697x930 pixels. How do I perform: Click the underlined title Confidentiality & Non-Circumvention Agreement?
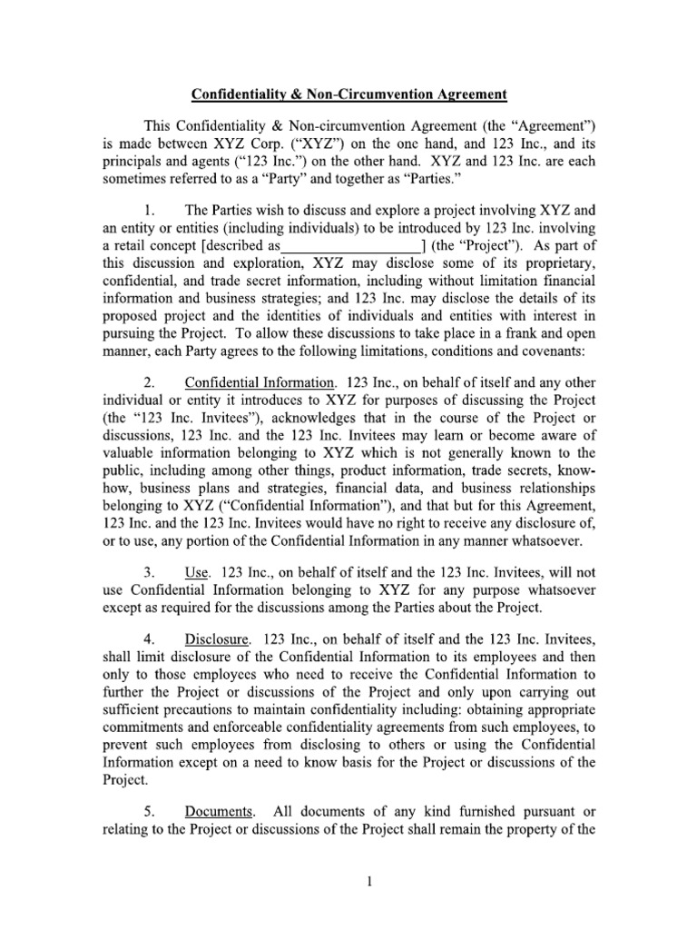348,94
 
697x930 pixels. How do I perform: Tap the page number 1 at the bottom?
348,881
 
